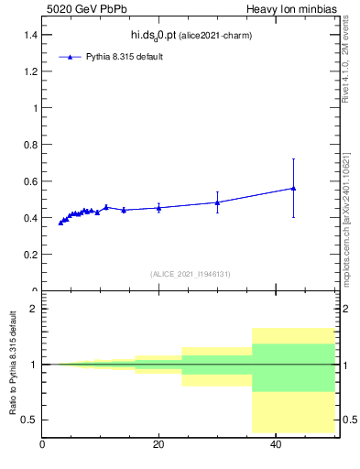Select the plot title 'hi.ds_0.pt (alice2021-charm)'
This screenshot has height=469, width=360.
(x=191, y=35)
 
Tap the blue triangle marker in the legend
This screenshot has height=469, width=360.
(x=71, y=57)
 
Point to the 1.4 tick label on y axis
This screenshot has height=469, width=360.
(x=30, y=34)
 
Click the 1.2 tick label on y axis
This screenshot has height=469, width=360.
(x=30, y=71)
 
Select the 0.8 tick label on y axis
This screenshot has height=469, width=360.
(x=30, y=144)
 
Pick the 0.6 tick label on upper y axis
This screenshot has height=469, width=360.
(x=30, y=180)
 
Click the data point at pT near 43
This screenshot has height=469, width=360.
(x=293, y=188)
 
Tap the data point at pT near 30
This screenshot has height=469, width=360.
(x=217, y=202)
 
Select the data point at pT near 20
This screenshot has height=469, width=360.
(x=158, y=208)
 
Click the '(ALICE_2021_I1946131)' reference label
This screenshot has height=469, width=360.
(x=191, y=274)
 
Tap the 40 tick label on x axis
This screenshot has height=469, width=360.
(x=276, y=444)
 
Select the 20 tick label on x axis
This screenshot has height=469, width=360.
(x=158, y=444)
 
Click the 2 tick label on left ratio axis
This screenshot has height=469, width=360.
(x=34, y=309)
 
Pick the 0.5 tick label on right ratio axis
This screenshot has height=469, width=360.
(x=348, y=420)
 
